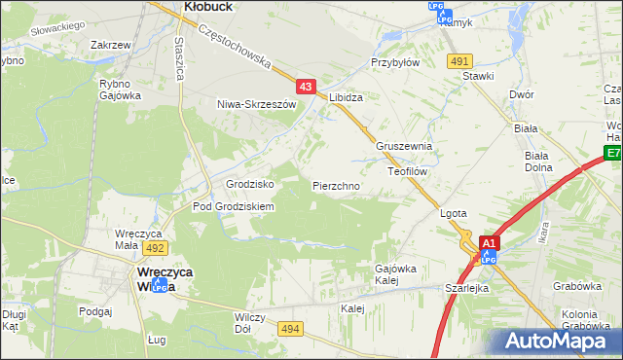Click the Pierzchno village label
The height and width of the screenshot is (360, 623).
point(337,185)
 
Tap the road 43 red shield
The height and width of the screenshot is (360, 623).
point(306,87)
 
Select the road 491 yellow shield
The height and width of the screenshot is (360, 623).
point(459,60)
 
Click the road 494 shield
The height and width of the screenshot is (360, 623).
point(290,331)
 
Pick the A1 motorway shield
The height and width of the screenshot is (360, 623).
point(490,243)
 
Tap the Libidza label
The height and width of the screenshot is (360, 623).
point(346,98)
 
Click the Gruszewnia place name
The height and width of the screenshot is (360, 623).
point(403,146)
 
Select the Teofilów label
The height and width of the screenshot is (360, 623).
point(408,170)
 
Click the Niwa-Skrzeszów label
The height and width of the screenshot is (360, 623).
point(256,104)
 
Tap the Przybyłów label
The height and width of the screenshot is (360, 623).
point(394,60)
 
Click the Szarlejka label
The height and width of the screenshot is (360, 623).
point(465,289)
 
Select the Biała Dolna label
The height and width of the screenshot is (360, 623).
point(537,161)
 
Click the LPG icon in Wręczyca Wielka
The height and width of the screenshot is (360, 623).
point(158,283)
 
